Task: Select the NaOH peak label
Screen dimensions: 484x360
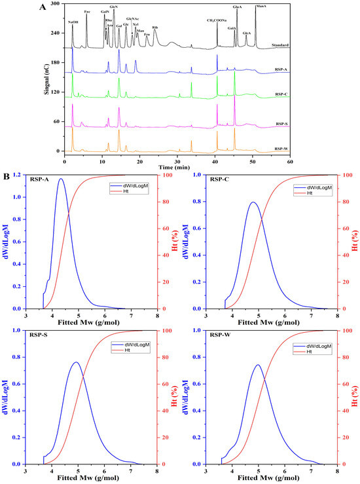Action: click(73, 22)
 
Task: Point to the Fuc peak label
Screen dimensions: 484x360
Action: click(88, 12)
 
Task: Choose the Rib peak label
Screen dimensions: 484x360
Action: click(154, 28)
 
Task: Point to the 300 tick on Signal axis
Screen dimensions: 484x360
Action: click(56, 4)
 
